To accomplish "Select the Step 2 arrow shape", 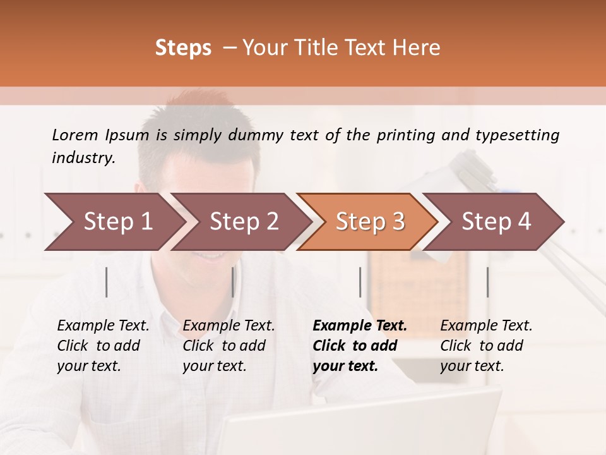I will [244, 221].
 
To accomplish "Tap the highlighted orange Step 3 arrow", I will [370, 221].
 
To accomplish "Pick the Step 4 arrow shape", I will [496, 221].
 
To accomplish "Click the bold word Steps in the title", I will [183, 48].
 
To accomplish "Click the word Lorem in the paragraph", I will [75, 135].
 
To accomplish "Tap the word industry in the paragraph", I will [83, 157].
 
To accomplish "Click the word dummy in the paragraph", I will [256, 135].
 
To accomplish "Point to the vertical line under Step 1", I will [107, 282].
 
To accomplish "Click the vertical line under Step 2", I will [233, 282].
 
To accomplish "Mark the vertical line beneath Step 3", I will [360, 282].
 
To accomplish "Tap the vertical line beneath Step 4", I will [487, 282].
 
